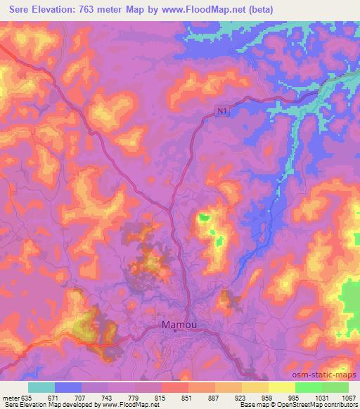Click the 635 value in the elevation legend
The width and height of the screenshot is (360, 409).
point(27,397)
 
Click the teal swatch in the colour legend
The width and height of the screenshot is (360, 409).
point(41,387)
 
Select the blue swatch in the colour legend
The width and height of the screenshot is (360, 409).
point(68,387)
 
